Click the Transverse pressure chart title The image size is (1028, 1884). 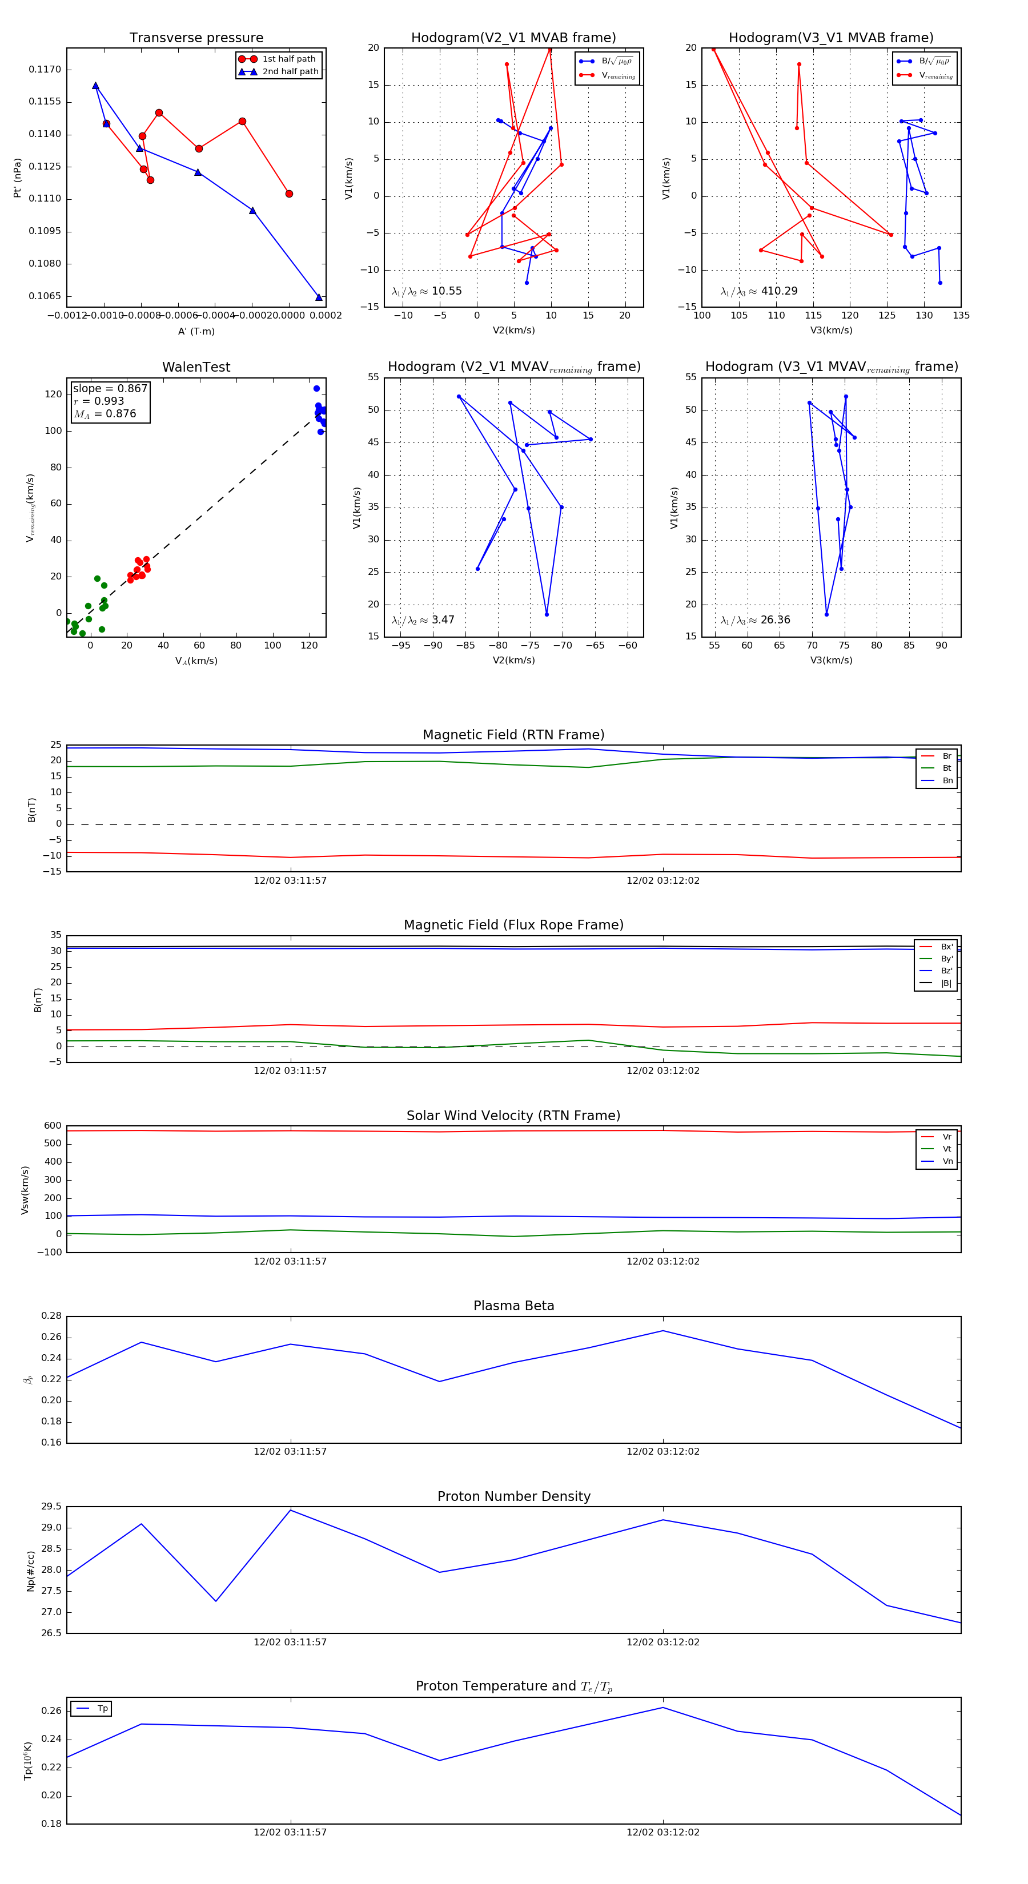196,38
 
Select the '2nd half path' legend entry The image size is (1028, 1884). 290,72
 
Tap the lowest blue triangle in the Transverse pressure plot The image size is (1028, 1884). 318,297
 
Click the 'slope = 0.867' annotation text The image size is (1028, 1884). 110,388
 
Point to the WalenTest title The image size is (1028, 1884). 196,367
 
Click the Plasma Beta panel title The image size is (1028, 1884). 513,1306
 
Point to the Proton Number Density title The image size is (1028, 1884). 513,1496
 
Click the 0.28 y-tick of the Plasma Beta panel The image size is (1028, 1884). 51,1317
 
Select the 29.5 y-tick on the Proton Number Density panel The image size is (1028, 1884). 51,1507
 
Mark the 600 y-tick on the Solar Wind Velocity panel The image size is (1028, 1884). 53,1126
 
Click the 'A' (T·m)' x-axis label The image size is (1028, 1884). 196,331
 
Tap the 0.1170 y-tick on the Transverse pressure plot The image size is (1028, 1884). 45,70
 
